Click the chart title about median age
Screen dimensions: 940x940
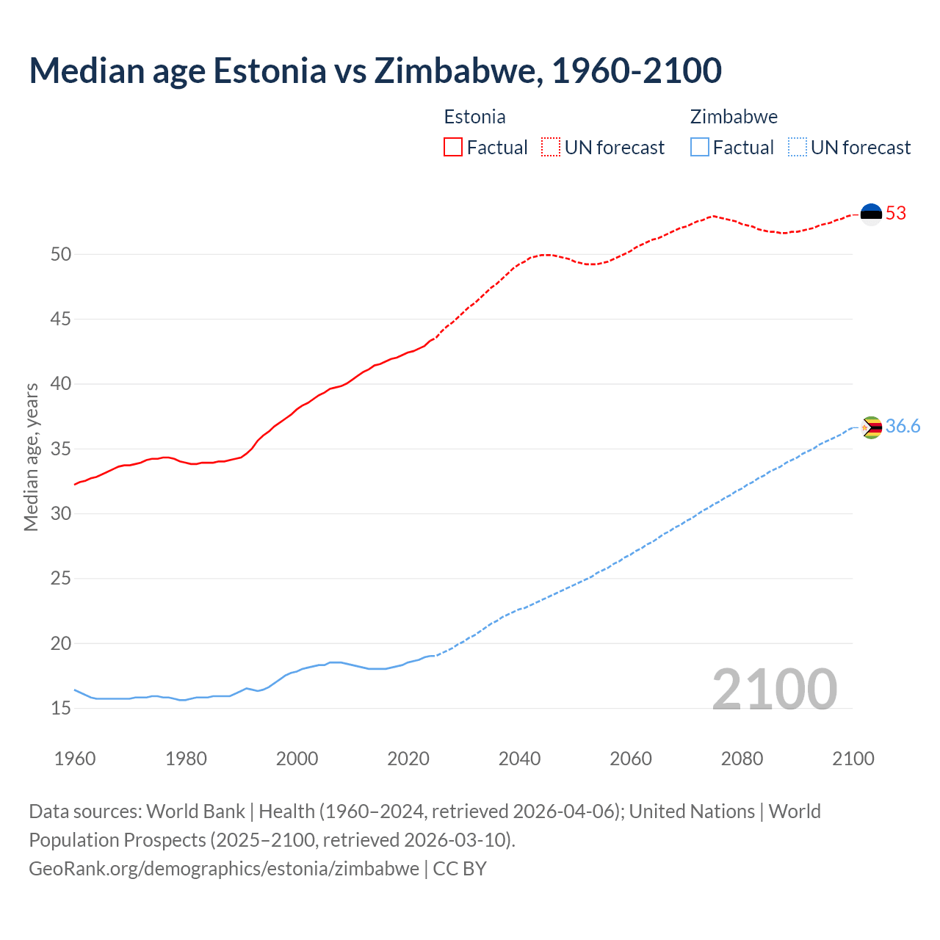point(375,70)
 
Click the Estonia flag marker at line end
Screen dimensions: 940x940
point(871,214)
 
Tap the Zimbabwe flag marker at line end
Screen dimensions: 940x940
point(871,427)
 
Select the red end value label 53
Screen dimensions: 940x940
point(896,214)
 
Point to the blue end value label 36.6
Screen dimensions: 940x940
point(903,427)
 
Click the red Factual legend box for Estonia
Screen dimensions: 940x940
point(453,148)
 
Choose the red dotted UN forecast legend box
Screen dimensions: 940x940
point(551,148)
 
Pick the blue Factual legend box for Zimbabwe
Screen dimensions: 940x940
point(700,148)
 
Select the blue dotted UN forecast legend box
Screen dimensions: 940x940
point(798,148)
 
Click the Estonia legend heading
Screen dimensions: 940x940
point(474,117)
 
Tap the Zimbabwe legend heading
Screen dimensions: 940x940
point(734,117)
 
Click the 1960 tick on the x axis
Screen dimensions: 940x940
point(75,759)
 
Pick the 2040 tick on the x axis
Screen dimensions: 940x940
point(519,759)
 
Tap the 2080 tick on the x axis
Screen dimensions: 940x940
point(742,759)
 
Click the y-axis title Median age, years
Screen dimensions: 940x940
point(31,457)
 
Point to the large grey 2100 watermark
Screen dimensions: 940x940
point(774,690)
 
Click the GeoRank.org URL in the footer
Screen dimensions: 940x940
point(224,869)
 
